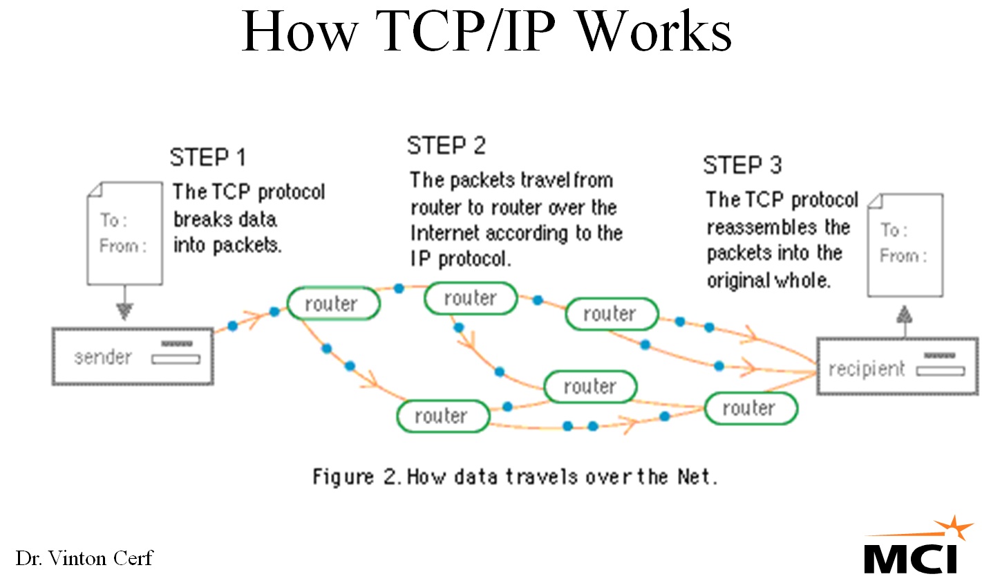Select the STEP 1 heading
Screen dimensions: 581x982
208,158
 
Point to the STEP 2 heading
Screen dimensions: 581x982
446,146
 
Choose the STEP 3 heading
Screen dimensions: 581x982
743,166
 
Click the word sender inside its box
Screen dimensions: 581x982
102,358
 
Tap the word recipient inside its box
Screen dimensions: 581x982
867,369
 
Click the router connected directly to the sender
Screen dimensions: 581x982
332,304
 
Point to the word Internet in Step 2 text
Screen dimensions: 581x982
446,233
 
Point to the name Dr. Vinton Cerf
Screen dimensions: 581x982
84,557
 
